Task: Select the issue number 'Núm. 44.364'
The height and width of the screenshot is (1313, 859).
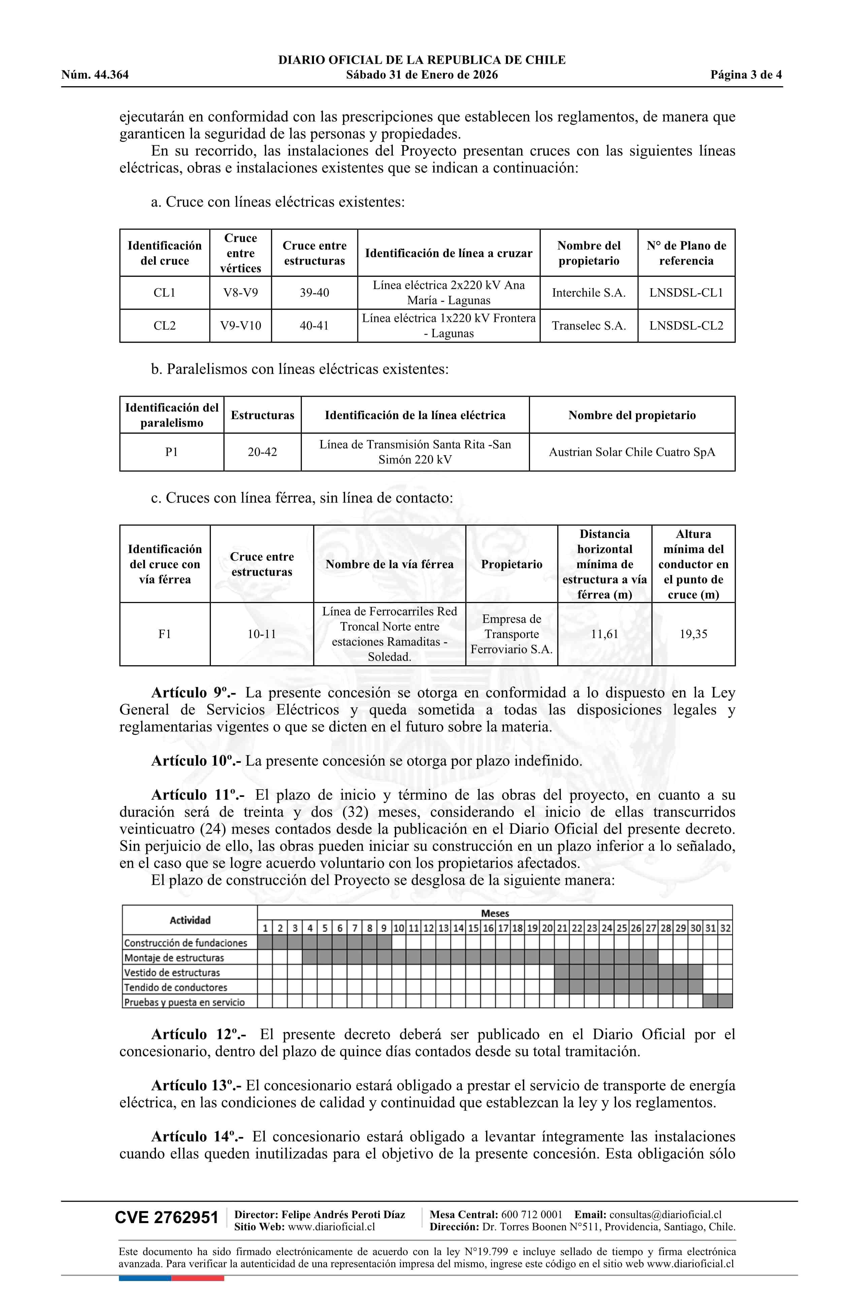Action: click(95, 75)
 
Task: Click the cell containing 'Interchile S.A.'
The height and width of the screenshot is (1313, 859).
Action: click(588, 293)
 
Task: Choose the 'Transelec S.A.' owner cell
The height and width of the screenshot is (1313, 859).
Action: click(588, 326)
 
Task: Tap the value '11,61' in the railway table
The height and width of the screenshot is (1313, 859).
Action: click(605, 634)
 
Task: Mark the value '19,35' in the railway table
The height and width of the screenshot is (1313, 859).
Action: click(693, 634)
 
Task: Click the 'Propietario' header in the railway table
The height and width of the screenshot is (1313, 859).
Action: click(511, 564)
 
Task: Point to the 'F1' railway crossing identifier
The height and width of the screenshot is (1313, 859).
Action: click(164, 634)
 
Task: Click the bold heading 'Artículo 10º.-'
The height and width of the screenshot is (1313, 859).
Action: click(196, 761)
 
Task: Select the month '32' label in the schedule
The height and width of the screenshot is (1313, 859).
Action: click(725, 929)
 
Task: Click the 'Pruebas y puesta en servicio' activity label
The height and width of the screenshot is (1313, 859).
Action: click(184, 1002)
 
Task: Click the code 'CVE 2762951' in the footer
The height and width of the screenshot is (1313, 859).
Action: click(167, 1218)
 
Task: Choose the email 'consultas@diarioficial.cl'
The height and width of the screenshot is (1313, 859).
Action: click(665, 1214)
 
